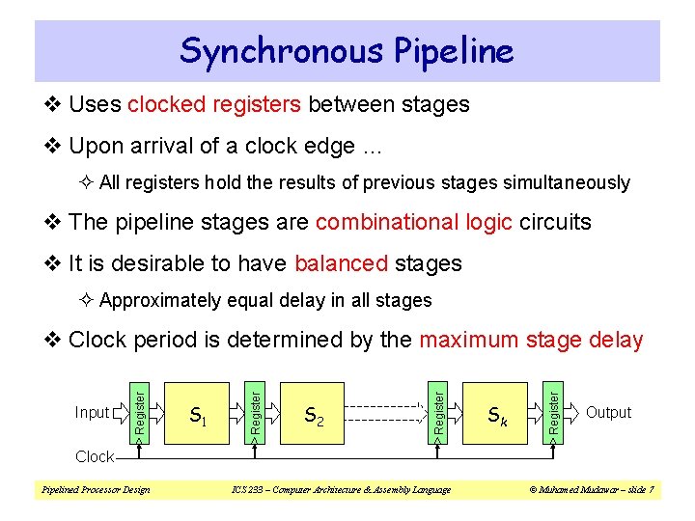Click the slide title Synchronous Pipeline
[347, 49]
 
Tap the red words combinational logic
[413, 222]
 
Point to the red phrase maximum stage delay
[531, 340]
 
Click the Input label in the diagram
[92, 413]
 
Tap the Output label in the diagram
[608, 412]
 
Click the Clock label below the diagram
[94, 456]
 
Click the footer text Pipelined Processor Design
[95, 490]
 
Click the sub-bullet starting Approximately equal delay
[264, 301]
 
